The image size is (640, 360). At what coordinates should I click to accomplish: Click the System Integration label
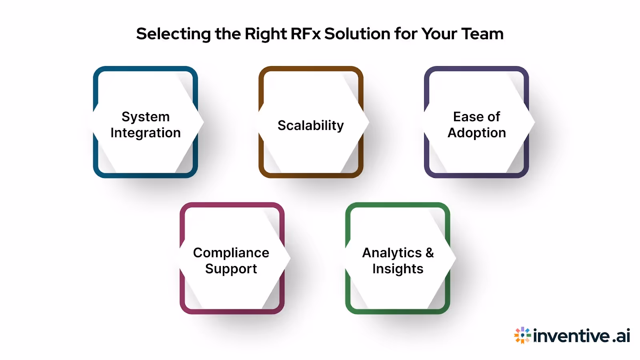tap(146, 125)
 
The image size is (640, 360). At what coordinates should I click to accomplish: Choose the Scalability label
tap(311, 126)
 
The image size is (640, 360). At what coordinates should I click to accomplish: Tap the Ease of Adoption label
tap(477, 125)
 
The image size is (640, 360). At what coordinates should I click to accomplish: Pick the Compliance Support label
tap(231, 261)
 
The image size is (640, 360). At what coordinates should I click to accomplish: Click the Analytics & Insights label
tap(398, 261)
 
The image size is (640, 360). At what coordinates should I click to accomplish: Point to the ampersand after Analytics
tap(430, 253)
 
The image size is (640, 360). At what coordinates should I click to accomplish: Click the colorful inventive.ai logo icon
tap(522, 335)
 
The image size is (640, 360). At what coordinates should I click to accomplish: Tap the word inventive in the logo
tap(572, 336)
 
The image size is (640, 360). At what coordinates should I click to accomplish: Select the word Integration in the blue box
tap(146, 133)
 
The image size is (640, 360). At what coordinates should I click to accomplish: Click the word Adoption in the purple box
tap(477, 133)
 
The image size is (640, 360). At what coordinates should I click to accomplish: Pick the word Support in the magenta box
tap(231, 269)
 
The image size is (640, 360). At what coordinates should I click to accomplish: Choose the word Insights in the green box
tap(398, 269)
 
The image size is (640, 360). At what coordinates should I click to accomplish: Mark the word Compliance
tap(231, 253)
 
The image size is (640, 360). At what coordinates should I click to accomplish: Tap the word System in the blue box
tap(146, 117)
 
